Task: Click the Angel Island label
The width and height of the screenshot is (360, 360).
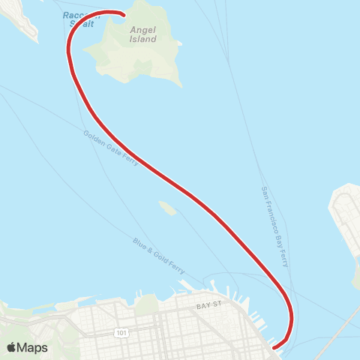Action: [143, 34]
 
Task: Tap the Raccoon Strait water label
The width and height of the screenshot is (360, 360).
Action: [81, 19]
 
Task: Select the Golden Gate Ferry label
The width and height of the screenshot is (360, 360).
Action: [111, 148]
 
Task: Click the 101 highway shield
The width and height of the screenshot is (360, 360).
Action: [121, 331]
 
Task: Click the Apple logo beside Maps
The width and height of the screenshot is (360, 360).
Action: [12, 347]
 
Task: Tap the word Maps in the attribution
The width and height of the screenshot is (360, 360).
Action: [32, 347]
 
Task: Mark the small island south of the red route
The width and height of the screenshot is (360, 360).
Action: [167, 208]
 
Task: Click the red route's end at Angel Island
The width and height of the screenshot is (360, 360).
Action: [123, 13]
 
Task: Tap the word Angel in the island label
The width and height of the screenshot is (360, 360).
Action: [143, 28]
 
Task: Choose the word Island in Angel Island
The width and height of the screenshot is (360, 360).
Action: [143, 38]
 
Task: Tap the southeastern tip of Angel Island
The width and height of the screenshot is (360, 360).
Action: [179, 84]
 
